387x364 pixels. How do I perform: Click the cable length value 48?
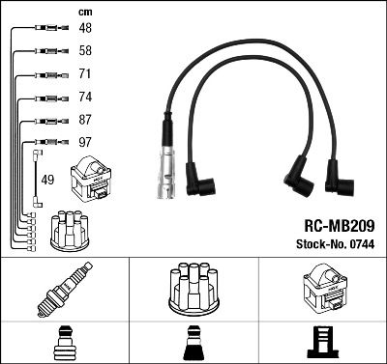pyautogui.click(x=85, y=28)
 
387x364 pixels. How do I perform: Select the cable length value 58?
pyautogui.click(x=85, y=50)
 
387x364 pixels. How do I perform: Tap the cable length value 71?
pyautogui.click(x=85, y=73)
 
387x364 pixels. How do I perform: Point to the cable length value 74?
pyautogui.click(x=85, y=98)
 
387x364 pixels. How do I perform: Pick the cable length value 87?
pyautogui.click(x=85, y=121)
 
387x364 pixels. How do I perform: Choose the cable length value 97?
pyautogui.click(x=85, y=144)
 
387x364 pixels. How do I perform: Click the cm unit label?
pyautogui.click(x=84, y=12)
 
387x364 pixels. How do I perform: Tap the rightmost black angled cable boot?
pyautogui.click(x=342, y=178)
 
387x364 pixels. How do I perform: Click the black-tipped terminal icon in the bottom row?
pyautogui.click(x=193, y=342)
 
